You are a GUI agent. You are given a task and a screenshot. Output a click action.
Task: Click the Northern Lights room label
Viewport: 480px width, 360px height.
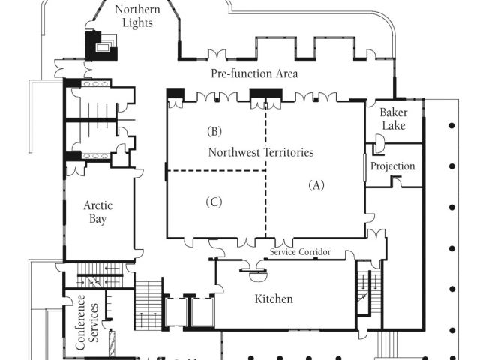pyautogui.click(x=137, y=16)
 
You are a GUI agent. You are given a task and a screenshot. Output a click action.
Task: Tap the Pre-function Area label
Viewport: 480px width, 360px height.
pyautogui.click(x=253, y=73)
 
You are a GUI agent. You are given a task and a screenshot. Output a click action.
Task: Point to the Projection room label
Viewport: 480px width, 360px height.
pyautogui.click(x=392, y=166)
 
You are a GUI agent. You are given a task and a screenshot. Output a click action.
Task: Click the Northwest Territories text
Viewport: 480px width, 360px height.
pyautogui.click(x=260, y=152)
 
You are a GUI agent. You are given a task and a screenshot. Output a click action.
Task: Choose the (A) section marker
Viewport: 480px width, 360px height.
pyautogui.click(x=316, y=185)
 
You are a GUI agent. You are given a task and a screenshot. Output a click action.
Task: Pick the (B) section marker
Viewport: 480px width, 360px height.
pyautogui.click(x=214, y=131)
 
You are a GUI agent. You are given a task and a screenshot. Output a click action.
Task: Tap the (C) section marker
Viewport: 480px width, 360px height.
pyautogui.click(x=214, y=201)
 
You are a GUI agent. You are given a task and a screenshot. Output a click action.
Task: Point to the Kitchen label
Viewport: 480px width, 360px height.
pyautogui.click(x=274, y=298)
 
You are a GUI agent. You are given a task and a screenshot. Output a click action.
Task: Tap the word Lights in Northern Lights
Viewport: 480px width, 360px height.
pyautogui.click(x=137, y=22)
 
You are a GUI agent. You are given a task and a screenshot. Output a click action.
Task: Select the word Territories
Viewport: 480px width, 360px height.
pyautogui.click(x=287, y=152)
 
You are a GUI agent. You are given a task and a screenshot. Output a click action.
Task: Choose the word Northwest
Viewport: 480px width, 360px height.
pyautogui.click(x=233, y=152)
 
